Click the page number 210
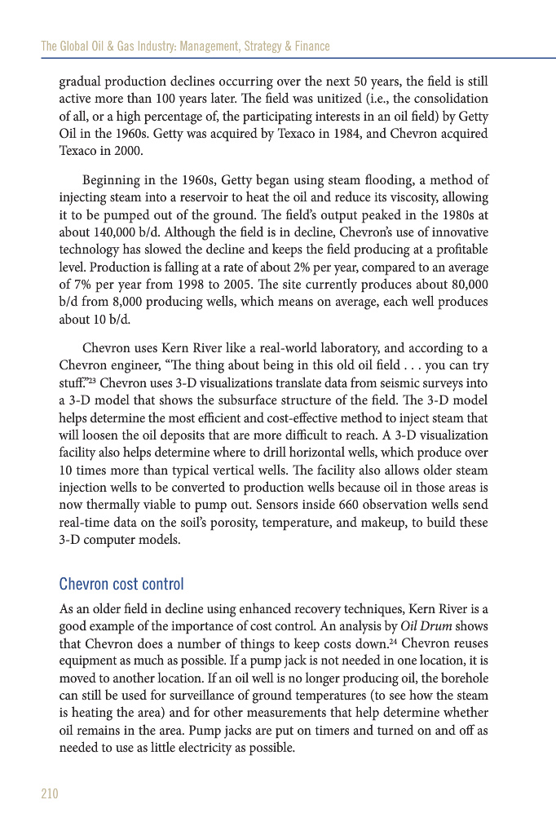(x=50, y=793)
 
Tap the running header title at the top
(x=185, y=46)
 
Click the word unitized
(x=267, y=99)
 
